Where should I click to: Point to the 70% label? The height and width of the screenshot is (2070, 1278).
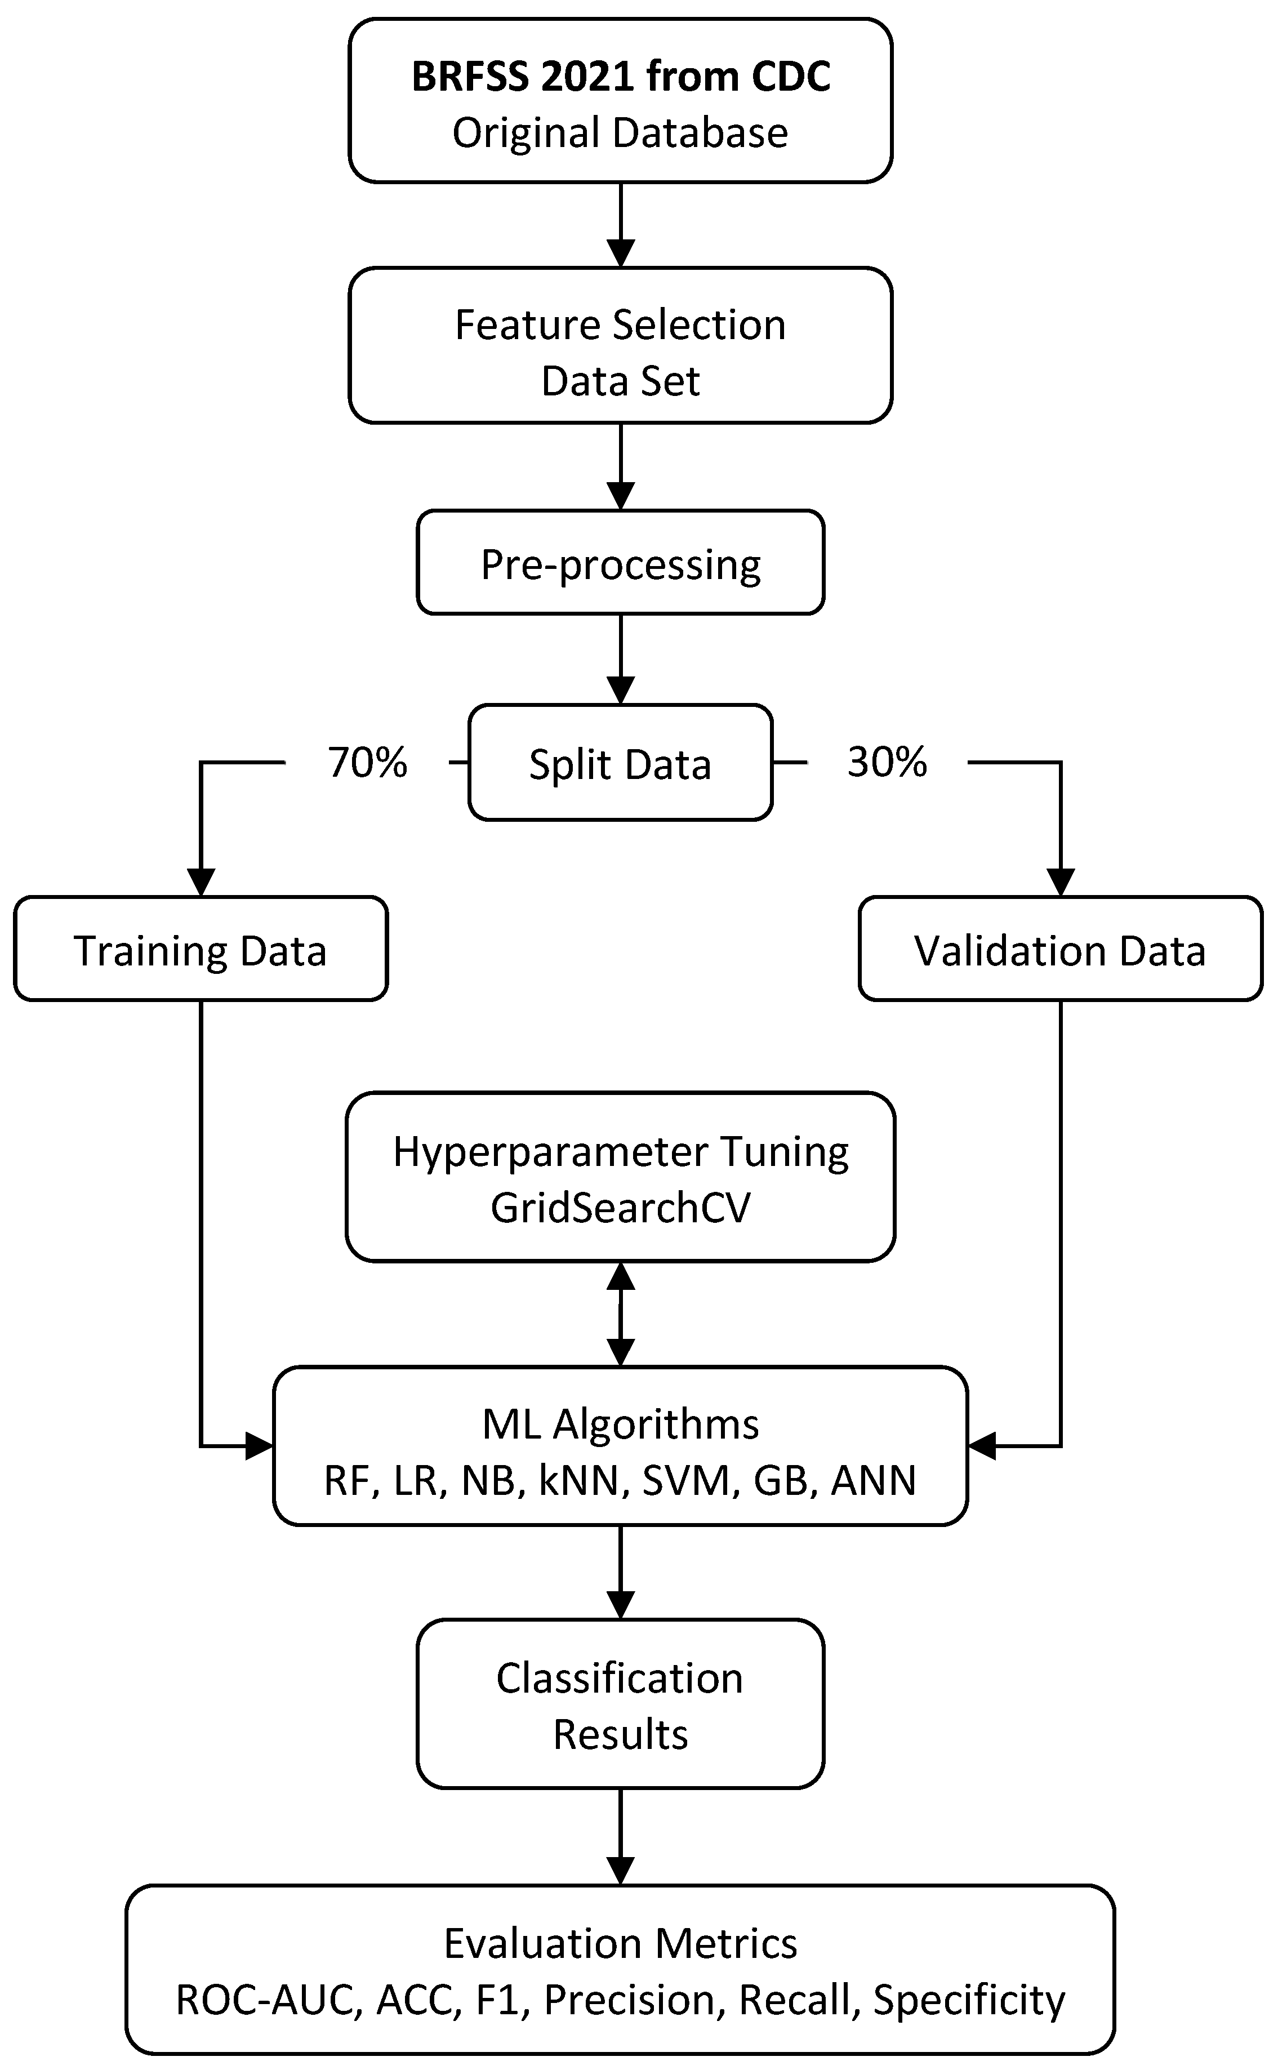point(368,763)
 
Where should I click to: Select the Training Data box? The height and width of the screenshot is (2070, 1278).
point(201,949)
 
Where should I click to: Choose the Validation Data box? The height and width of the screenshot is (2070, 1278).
point(1060,949)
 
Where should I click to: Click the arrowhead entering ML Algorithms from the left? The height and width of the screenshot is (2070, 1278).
point(258,1446)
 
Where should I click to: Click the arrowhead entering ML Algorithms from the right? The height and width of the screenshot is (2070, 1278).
point(983,1446)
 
